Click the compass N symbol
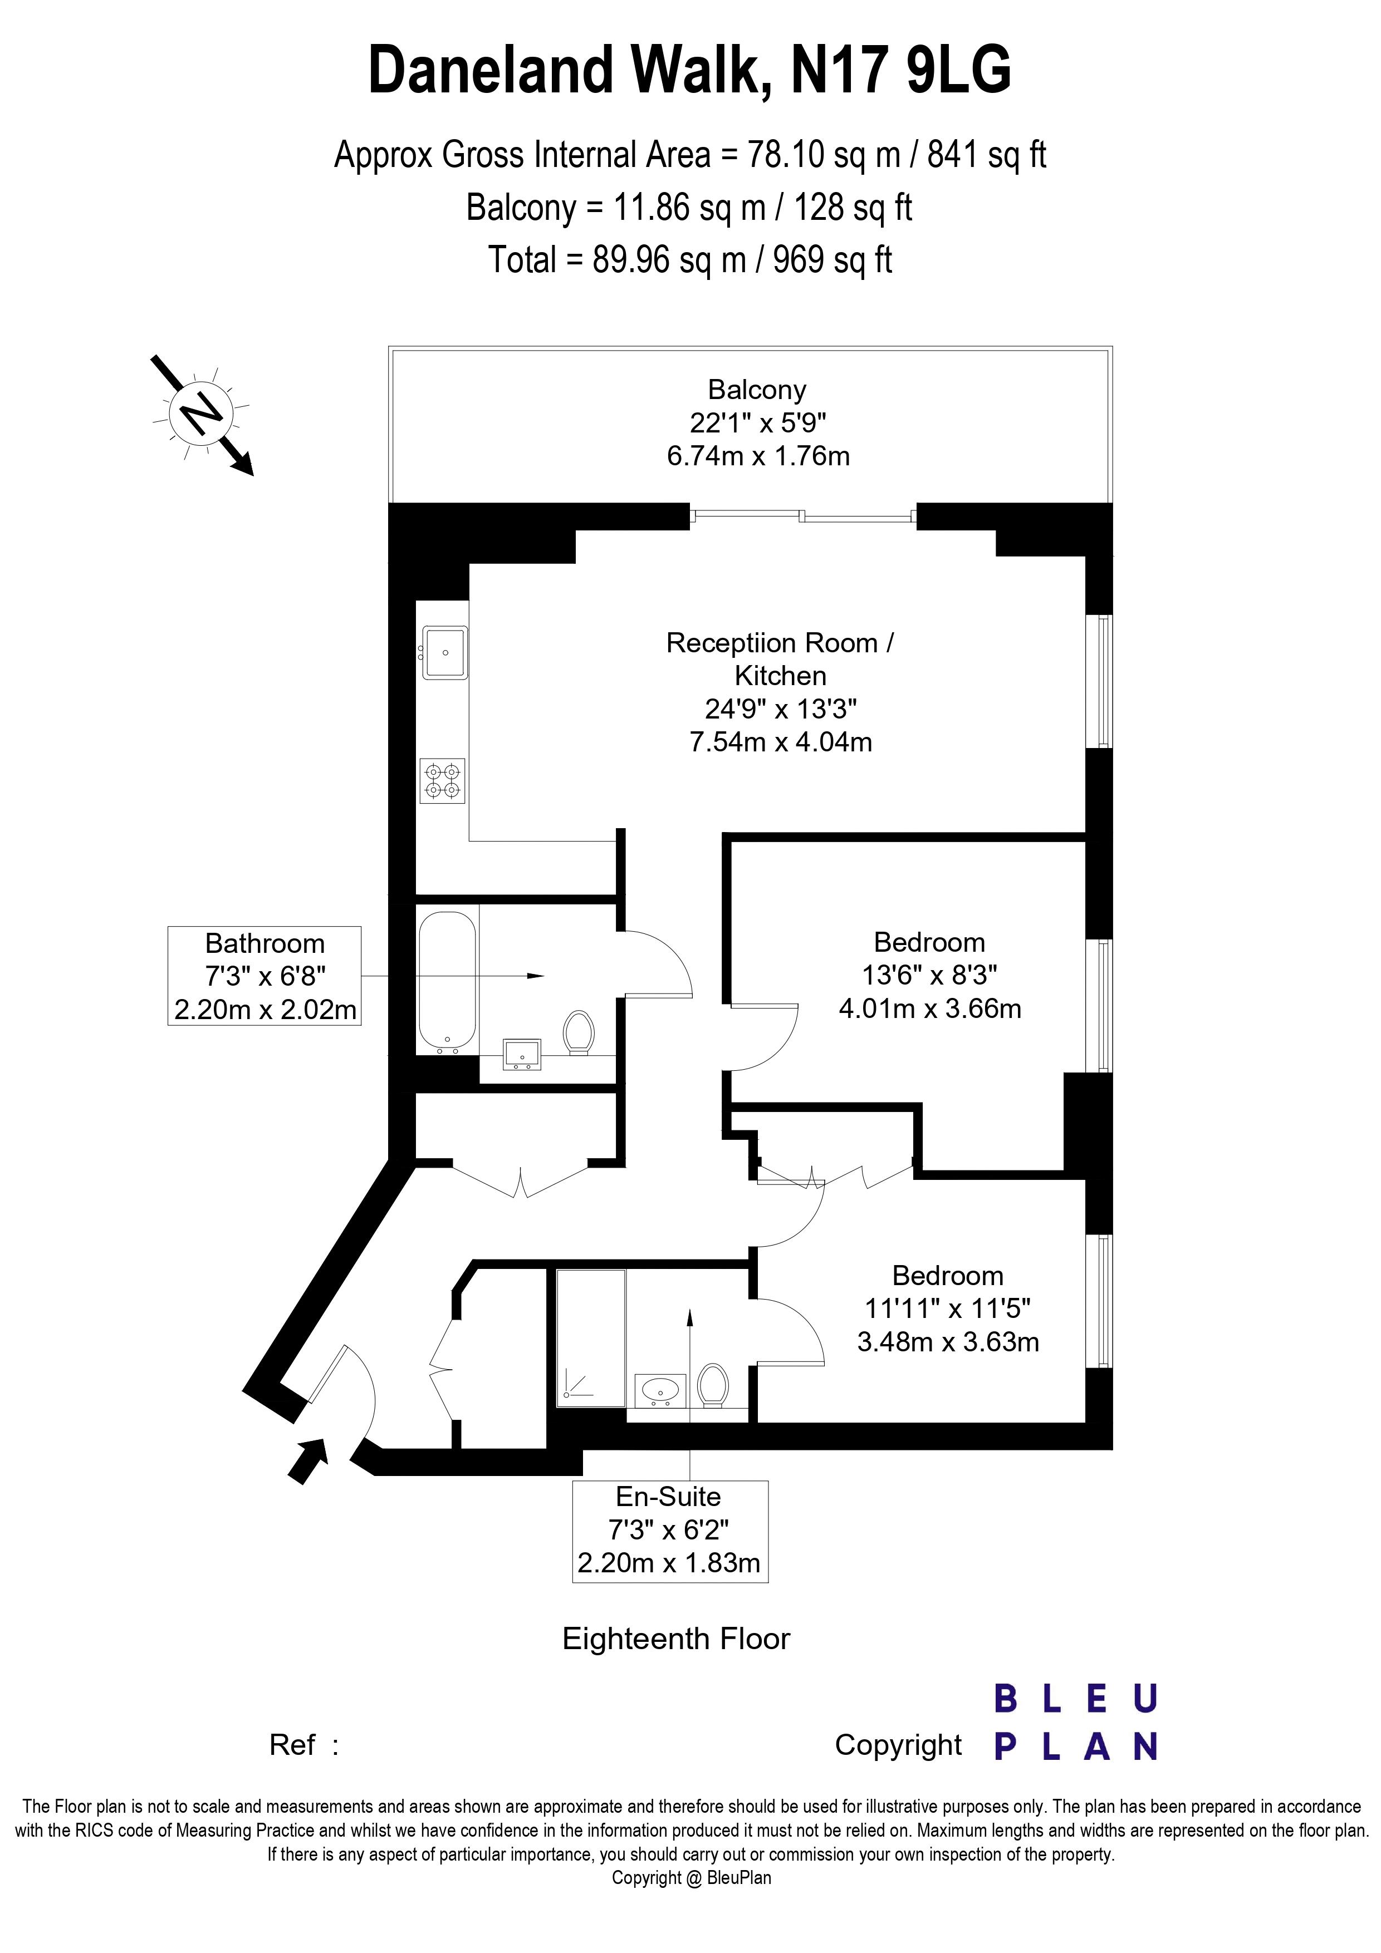click(202, 414)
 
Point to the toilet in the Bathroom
click(579, 1032)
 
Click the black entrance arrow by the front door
click(307, 1460)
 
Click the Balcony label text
click(756, 390)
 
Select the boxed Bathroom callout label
click(265, 976)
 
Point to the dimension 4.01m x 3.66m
click(929, 1009)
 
